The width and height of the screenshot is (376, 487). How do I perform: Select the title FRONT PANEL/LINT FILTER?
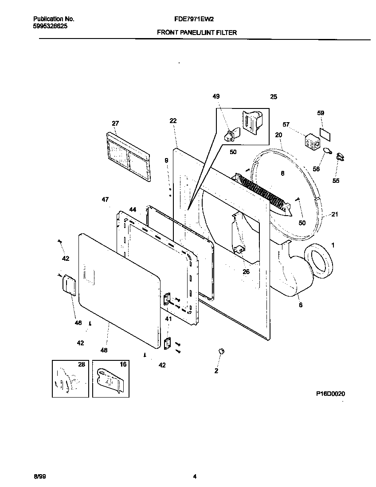click(x=197, y=32)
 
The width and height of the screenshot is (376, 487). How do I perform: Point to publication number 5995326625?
click(x=51, y=26)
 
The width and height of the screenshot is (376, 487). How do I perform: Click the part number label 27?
click(x=115, y=124)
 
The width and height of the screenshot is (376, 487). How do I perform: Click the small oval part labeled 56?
click(x=327, y=151)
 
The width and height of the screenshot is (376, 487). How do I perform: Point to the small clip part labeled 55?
click(x=341, y=156)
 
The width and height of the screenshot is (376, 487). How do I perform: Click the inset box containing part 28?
click(x=70, y=378)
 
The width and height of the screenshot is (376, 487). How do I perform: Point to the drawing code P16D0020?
click(x=330, y=393)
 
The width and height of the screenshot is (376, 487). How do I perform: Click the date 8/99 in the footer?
click(x=39, y=477)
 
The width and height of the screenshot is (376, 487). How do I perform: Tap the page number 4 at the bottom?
click(x=195, y=477)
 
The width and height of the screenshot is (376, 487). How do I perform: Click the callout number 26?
click(x=246, y=272)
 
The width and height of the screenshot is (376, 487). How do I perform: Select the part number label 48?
click(x=104, y=350)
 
